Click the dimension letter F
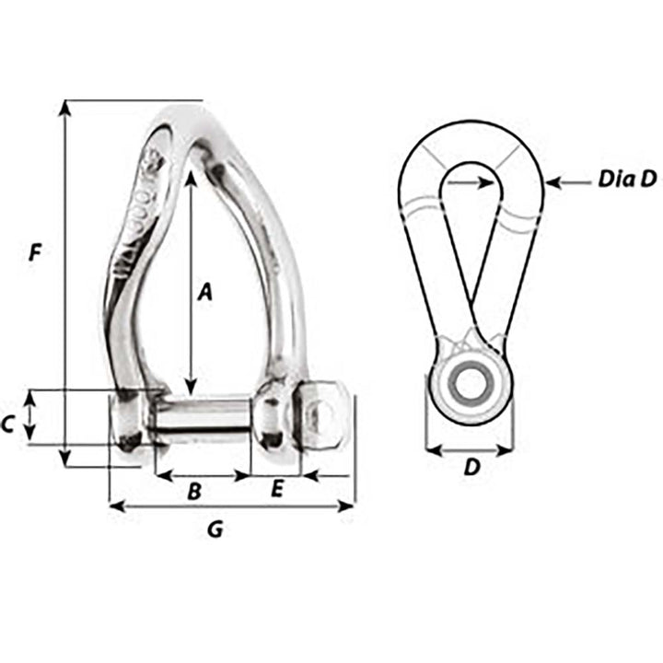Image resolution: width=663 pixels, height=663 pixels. (35, 252)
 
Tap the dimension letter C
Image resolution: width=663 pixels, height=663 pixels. (8, 425)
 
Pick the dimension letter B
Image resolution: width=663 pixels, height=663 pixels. (194, 492)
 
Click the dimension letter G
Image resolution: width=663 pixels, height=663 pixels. (214, 529)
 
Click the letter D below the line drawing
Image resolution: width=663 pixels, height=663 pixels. (471, 468)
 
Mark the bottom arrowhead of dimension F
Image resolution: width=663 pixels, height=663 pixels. (64, 459)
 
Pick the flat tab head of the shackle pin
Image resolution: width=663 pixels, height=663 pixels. (325, 417)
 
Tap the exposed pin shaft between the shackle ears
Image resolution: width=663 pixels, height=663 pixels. (203, 419)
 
